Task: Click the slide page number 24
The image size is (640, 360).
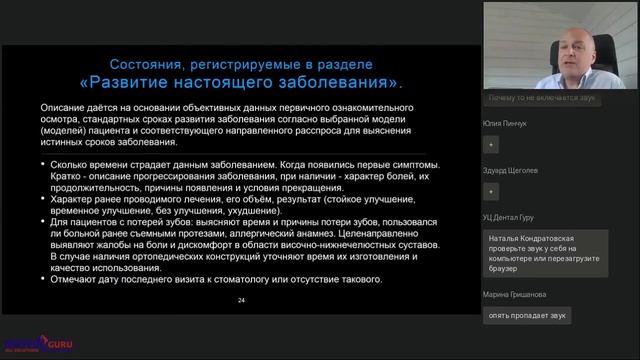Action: [241, 299]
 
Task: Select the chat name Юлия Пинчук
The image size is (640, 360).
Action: [505, 123]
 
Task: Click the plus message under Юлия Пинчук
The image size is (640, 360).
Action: [491, 144]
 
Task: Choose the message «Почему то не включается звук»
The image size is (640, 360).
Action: [543, 99]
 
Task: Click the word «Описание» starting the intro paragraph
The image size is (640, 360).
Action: [64, 107]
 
